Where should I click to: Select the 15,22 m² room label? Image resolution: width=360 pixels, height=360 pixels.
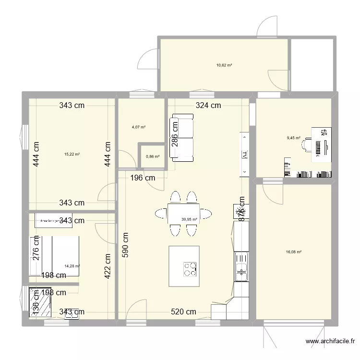pos(72,154)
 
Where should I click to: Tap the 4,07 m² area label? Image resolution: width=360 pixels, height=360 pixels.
pos(138,127)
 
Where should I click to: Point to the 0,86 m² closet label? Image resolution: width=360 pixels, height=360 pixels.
pos(153,156)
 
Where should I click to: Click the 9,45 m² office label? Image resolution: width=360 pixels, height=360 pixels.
pos(293,138)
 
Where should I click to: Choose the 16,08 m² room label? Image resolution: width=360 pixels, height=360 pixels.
pos(294,252)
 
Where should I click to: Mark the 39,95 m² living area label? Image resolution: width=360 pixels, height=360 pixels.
pos(189,220)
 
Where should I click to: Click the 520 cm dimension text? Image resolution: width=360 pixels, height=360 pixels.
pos(184,312)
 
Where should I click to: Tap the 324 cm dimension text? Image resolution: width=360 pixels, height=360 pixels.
pos(208,105)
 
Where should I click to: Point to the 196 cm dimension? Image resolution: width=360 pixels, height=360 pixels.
pos(143,178)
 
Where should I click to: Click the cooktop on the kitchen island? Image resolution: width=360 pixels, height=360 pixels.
pos(190,269)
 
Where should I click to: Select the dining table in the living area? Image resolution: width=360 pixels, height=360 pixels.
pos(183,213)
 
